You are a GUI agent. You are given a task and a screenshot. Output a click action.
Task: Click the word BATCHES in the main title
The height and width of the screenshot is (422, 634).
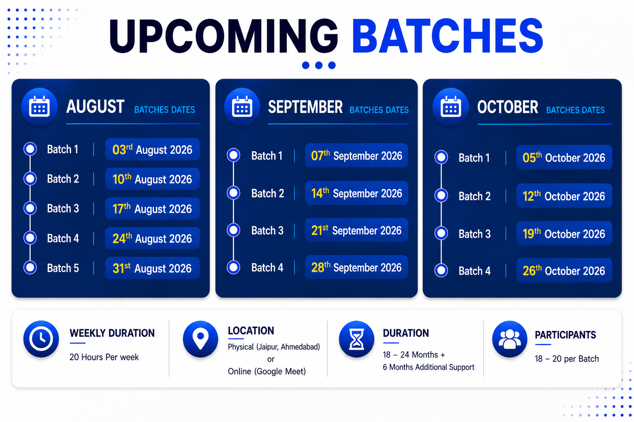point(447,36)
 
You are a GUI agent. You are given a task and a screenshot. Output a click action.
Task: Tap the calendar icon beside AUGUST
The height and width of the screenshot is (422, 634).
point(39,107)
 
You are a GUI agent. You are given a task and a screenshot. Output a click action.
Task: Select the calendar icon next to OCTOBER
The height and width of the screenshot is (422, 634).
point(451,107)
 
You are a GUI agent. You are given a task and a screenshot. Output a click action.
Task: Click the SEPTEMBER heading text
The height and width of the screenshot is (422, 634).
point(305,107)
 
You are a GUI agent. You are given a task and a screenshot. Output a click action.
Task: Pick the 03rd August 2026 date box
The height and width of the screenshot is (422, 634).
point(152,149)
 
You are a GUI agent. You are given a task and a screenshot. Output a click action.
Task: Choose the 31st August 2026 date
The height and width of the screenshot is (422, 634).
point(152,268)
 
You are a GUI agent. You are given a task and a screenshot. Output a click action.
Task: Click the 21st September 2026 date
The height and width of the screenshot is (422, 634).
point(356,230)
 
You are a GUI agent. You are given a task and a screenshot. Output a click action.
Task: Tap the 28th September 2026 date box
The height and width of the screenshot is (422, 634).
point(356,267)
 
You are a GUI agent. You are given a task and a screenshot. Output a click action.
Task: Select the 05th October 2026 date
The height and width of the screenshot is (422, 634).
point(564,157)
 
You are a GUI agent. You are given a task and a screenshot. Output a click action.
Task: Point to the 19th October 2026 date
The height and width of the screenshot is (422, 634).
point(564,234)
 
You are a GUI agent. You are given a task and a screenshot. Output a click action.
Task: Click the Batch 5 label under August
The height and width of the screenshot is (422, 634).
point(63,268)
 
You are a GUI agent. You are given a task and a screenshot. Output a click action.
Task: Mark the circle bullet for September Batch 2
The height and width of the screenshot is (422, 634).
point(234,193)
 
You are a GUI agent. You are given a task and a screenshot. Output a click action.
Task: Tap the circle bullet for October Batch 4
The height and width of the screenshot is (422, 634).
point(441,270)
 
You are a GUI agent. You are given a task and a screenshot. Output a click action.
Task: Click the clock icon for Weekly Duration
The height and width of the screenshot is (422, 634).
point(41,339)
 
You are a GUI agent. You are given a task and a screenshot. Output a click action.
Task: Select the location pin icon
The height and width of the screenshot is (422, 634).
point(200,339)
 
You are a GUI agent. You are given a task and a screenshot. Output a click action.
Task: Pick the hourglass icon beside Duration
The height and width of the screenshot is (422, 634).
point(357,339)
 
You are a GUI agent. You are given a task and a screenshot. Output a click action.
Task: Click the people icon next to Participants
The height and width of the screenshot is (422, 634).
point(510,339)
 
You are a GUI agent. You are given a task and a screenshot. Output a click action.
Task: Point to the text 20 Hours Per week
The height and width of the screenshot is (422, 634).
point(104,357)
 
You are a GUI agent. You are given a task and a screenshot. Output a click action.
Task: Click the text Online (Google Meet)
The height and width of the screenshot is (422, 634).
point(267,371)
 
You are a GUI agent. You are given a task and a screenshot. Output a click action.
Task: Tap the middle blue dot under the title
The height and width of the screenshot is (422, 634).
point(319,65)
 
